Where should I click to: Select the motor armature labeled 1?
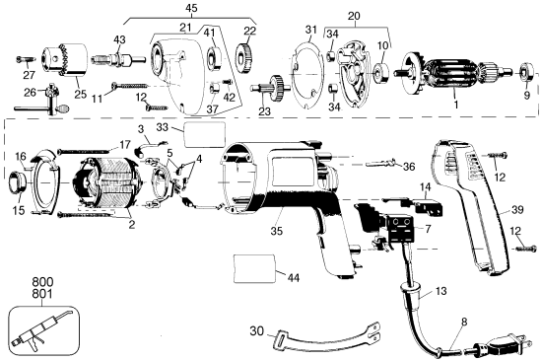[462, 75]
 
